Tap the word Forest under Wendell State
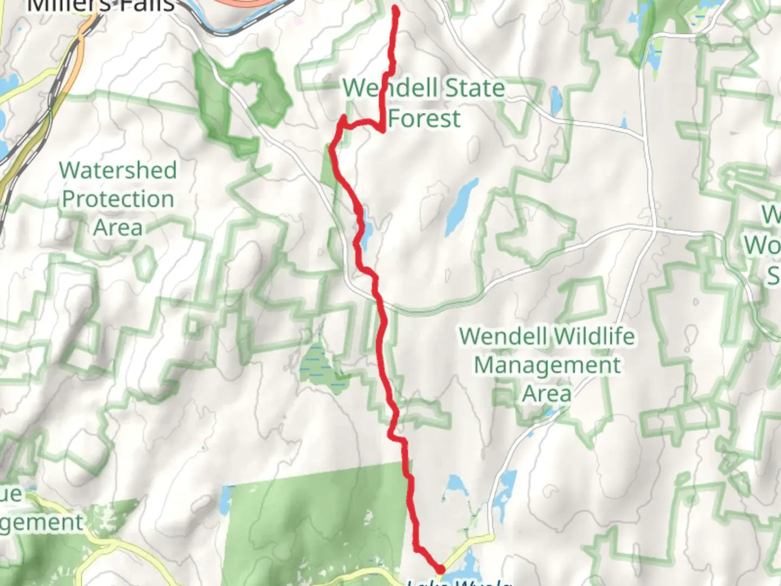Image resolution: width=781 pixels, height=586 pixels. (425, 119)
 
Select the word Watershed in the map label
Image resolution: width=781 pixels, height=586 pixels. (118, 170)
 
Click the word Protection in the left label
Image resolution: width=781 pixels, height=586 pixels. (118, 199)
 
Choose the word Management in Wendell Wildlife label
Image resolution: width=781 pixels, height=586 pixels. (547, 365)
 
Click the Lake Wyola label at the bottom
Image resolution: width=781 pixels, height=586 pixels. (458, 582)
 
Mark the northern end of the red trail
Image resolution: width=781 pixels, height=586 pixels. (395, 8)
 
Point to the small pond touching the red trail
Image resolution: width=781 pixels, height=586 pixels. (367, 230)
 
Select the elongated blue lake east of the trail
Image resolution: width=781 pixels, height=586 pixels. (461, 207)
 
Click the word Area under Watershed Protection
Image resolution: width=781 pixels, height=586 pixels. (118, 228)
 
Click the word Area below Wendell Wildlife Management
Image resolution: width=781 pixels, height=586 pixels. (547, 394)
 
